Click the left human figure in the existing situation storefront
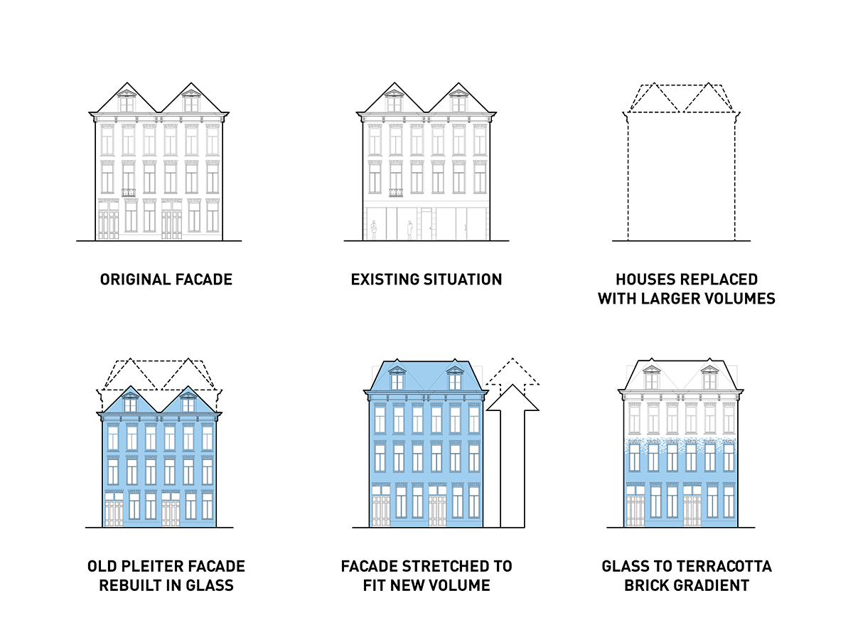click(373, 230)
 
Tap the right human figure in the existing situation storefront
click(409, 230)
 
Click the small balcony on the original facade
click(129, 192)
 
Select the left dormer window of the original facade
click(127, 102)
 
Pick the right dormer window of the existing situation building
click(458, 102)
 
